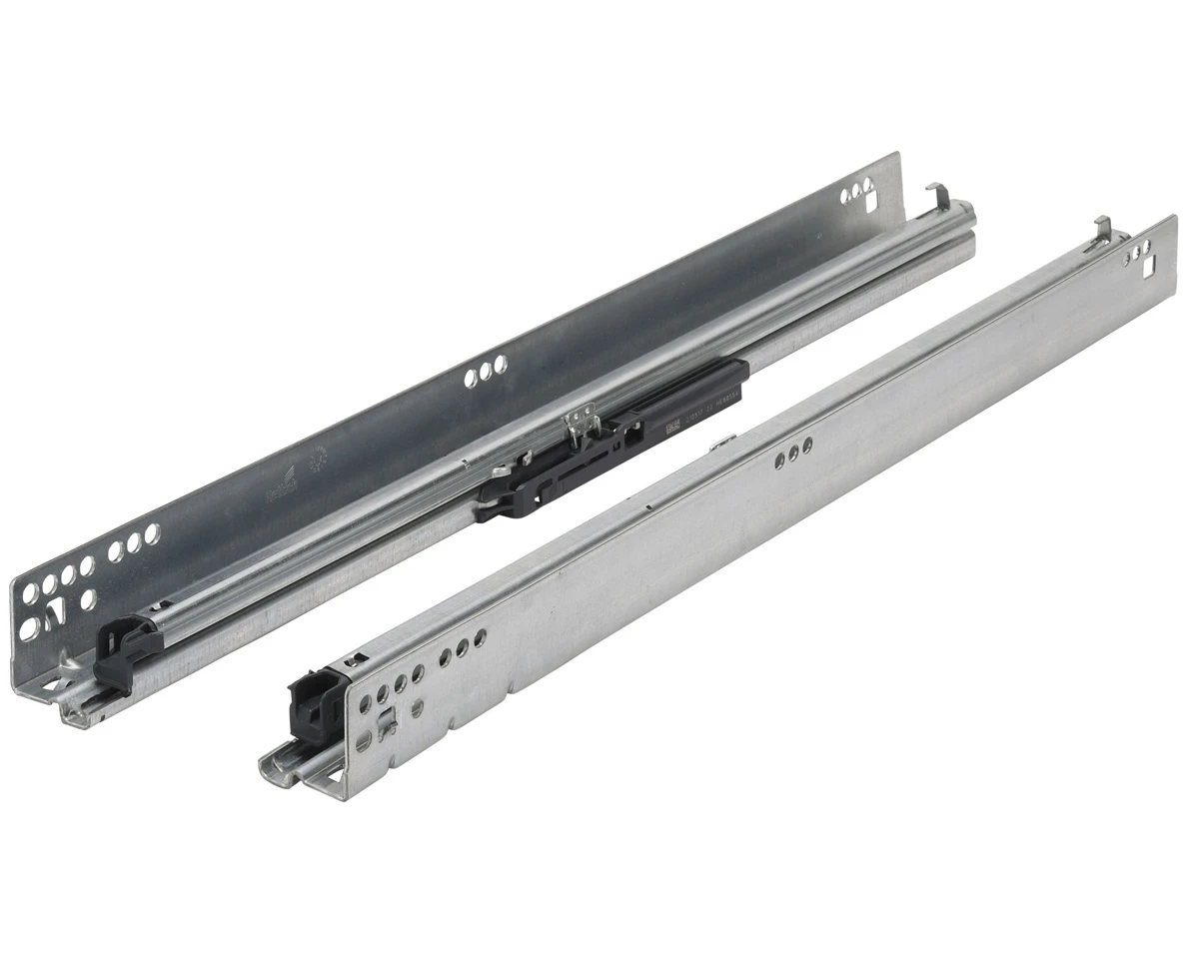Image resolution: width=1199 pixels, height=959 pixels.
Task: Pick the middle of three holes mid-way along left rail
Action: click(x=487, y=371)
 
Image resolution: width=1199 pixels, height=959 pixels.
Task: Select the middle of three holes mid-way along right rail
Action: click(x=793, y=452)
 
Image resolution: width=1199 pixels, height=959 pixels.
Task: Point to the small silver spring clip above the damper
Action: click(x=581, y=420)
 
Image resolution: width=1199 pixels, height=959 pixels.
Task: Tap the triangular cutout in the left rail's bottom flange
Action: click(x=68, y=660)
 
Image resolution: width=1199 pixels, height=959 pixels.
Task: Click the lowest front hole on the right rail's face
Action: click(x=365, y=741)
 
